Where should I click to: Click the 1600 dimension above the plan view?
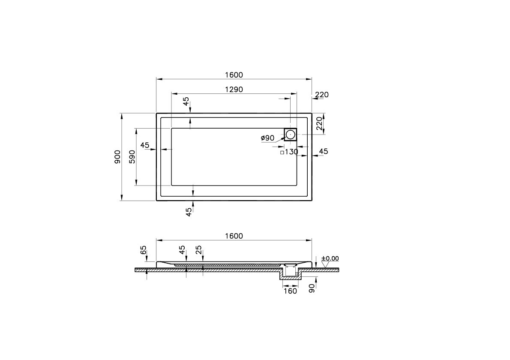234,75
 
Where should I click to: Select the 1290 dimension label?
234,90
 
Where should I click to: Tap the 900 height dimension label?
117,157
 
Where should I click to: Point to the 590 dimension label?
132,157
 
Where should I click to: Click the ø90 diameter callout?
267,138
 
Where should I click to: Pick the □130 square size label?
289,152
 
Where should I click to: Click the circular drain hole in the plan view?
290,134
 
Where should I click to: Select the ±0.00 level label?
330,258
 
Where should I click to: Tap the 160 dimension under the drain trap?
290,291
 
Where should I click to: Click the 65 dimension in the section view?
144,250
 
